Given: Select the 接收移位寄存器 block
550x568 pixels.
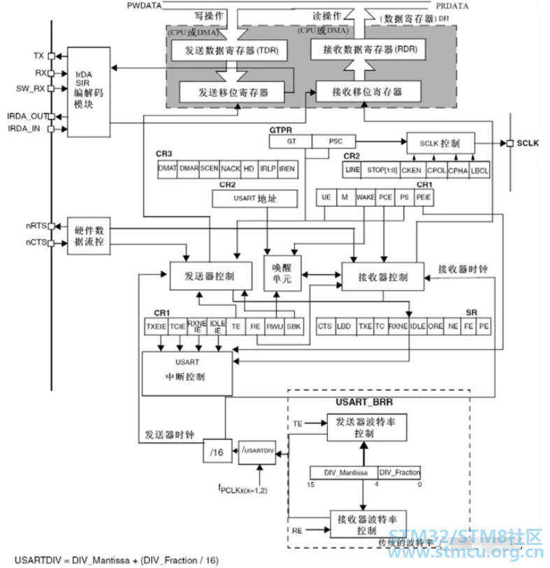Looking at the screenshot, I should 368,92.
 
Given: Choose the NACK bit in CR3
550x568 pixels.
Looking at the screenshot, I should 231,169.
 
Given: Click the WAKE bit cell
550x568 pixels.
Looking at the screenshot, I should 366,198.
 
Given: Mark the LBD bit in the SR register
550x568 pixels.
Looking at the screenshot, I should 345,326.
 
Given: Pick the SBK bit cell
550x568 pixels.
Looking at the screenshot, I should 294,326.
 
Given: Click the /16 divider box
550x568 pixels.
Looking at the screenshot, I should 216,453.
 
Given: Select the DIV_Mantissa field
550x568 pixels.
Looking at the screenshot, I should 343,473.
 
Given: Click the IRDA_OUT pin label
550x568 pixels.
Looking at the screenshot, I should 27,116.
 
